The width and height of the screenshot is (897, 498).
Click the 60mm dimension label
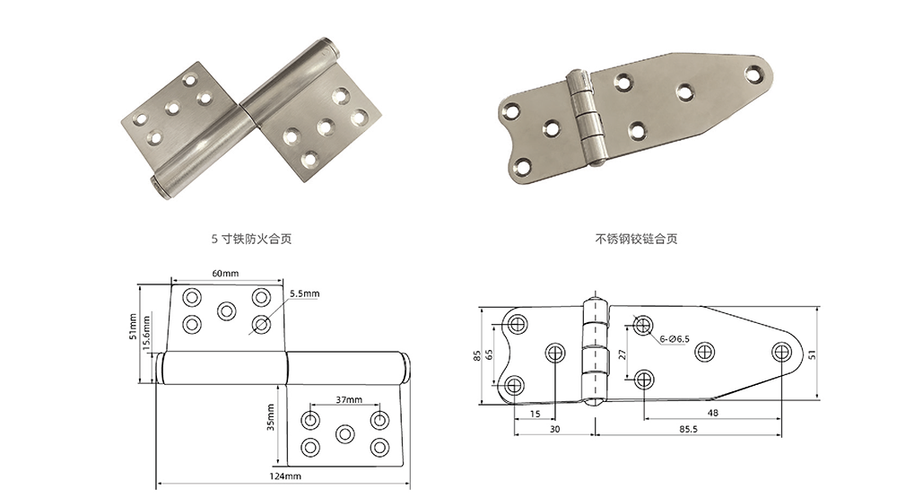coord(225,273)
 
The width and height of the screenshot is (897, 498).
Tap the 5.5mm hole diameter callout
coord(305,293)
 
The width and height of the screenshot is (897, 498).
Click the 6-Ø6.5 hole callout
coord(674,339)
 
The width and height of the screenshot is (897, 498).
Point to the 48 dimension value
coord(711,414)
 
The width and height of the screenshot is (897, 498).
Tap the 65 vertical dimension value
coord(489,354)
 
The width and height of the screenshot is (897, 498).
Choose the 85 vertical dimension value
coord(476,354)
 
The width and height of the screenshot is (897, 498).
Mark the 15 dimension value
coord(535,414)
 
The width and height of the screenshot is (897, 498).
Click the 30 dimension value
coord(553,432)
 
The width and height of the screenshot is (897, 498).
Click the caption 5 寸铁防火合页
coord(250,240)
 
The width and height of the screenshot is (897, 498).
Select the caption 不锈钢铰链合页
coord(636,240)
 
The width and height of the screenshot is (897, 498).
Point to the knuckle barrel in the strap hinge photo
coord(586,117)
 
